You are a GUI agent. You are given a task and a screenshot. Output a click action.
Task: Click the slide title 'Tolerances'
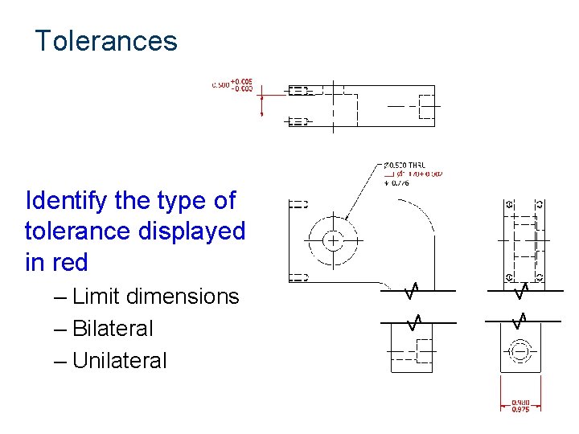tap(105, 40)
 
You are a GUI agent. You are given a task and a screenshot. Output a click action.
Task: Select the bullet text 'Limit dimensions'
tap(155, 297)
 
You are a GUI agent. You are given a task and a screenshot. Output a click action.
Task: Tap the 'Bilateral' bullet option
tap(113, 329)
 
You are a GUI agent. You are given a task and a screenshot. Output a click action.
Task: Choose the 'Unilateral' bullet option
tap(119, 361)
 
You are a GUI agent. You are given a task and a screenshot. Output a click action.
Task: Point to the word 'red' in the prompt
tap(69, 263)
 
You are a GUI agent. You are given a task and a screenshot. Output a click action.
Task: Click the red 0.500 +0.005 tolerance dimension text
tap(232, 84)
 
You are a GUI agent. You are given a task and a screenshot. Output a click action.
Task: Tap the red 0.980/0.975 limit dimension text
tap(520, 407)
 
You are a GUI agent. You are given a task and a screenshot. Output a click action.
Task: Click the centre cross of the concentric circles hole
tap(332, 240)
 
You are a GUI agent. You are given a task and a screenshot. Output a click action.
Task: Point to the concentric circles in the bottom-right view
tap(520, 351)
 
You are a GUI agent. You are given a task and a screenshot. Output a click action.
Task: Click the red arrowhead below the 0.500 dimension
tap(261, 113)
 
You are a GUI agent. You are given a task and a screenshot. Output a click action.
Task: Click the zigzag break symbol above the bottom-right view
tap(520, 320)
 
